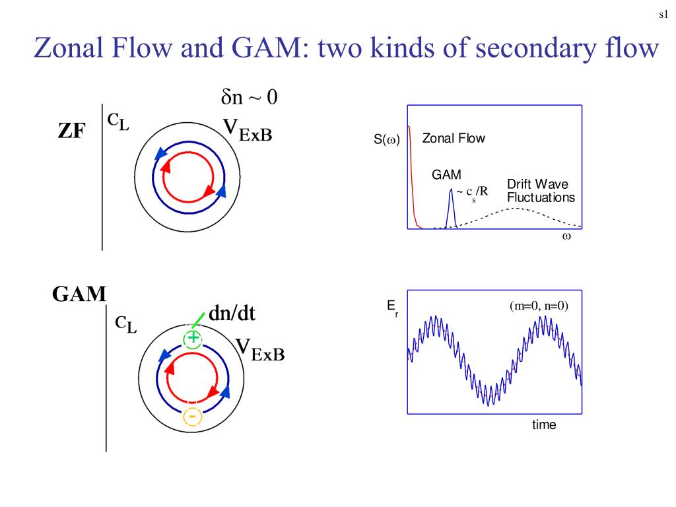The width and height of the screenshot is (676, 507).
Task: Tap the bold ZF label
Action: click(x=71, y=131)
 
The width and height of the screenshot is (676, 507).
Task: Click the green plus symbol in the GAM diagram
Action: click(x=192, y=339)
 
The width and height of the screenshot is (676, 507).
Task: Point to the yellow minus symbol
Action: click(x=192, y=417)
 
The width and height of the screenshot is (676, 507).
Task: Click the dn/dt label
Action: click(x=232, y=314)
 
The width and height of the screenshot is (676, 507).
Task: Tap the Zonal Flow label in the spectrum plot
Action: click(x=453, y=139)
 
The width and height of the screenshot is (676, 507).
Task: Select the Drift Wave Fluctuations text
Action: click(x=540, y=191)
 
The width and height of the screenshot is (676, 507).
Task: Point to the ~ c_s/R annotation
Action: click(x=472, y=192)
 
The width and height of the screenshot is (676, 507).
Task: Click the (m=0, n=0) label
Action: click(x=539, y=306)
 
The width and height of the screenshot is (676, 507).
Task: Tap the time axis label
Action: click(x=544, y=424)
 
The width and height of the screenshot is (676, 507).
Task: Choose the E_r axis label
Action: click(x=392, y=308)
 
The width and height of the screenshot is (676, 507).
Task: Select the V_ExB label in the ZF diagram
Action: click(x=247, y=131)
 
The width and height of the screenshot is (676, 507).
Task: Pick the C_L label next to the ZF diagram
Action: click(x=118, y=121)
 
